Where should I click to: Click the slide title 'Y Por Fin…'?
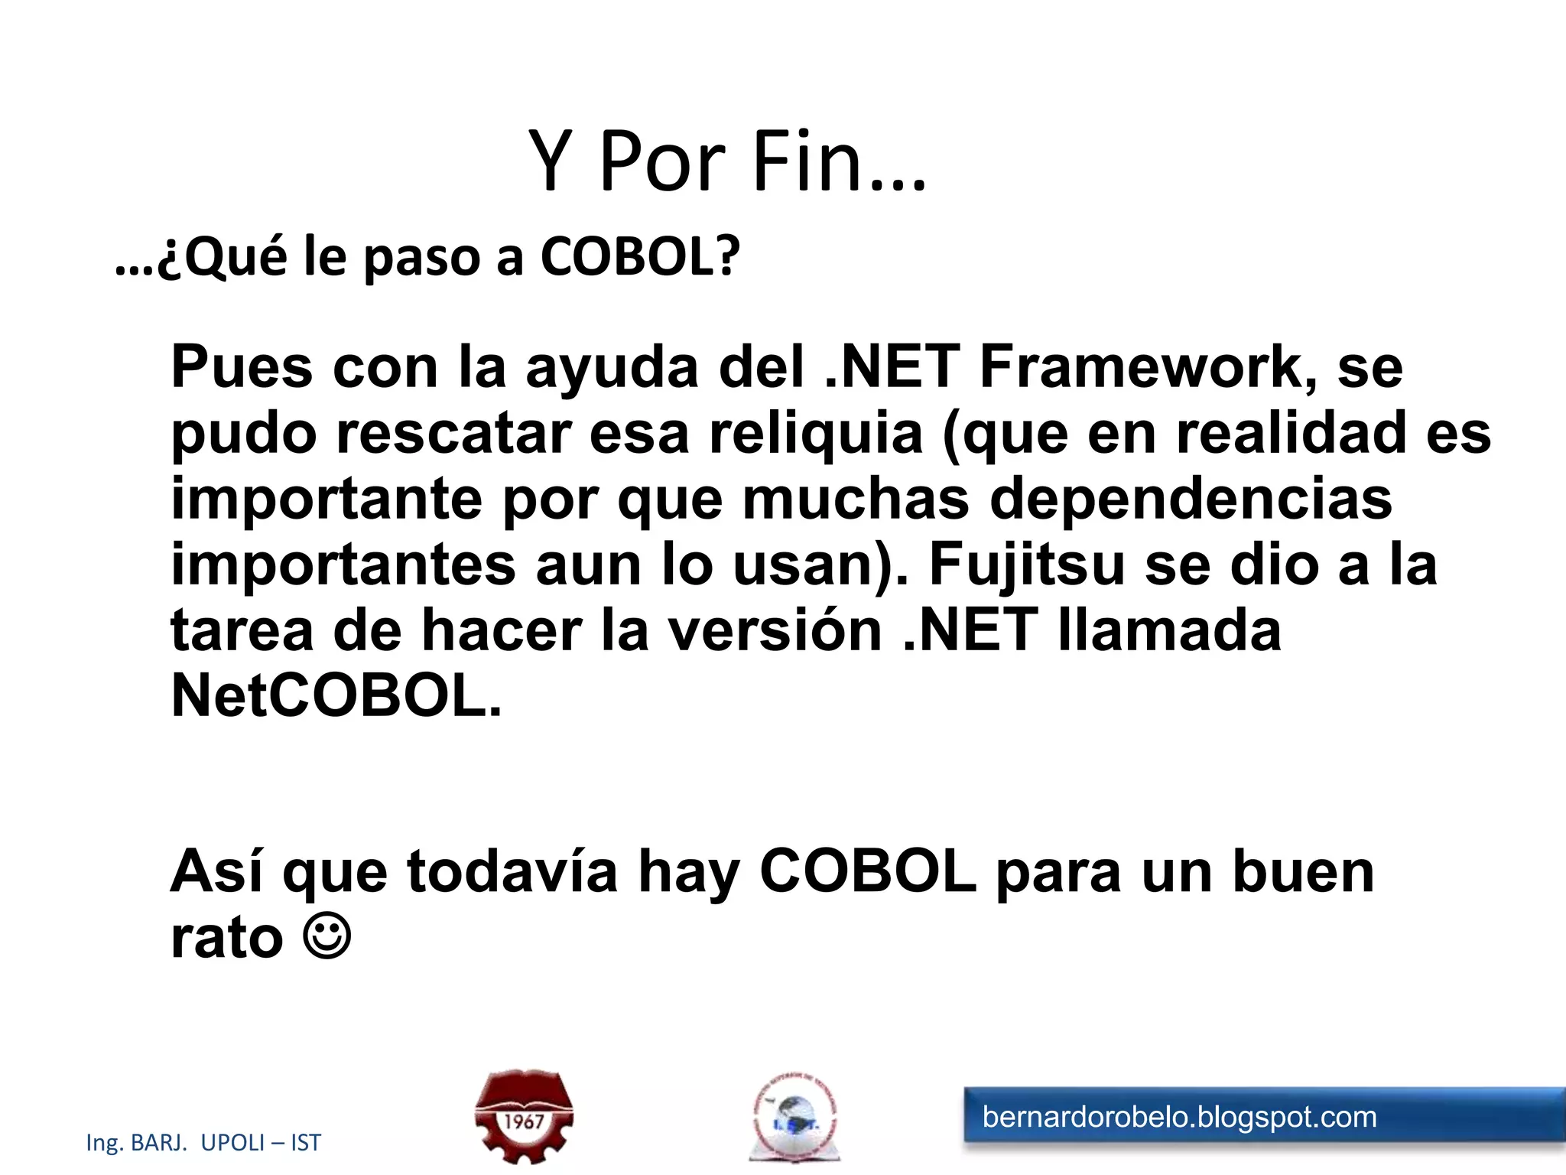pyautogui.click(x=726, y=162)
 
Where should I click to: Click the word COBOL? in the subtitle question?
pyautogui.click(x=640, y=256)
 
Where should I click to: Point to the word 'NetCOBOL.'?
pyautogui.click(x=336, y=696)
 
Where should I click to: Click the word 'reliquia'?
pyautogui.click(x=816, y=433)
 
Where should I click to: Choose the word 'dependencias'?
pyautogui.click(x=1191, y=499)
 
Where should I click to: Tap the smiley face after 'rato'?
pyautogui.click(x=327, y=935)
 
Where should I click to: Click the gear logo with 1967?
pyautogui.click(x=524, y=1117)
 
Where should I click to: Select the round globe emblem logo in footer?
pyautogui.click(x=795, y=1118)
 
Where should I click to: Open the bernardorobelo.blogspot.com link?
pyautogui.click(x=1179, y=1117)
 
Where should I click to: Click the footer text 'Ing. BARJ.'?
pyautogui.click(x=137, y=1143)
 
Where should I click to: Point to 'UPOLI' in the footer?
pyautogui.click(x=232, y=1143)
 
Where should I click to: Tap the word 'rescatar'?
pyautogui.click(x=454, y=433)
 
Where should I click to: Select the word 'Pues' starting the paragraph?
pyautogui.click(x=242, y=367)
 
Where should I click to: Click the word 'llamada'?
pyautogui.click(x=1169, y=630)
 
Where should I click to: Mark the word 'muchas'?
pyautogui.click(x=856, y=499)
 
